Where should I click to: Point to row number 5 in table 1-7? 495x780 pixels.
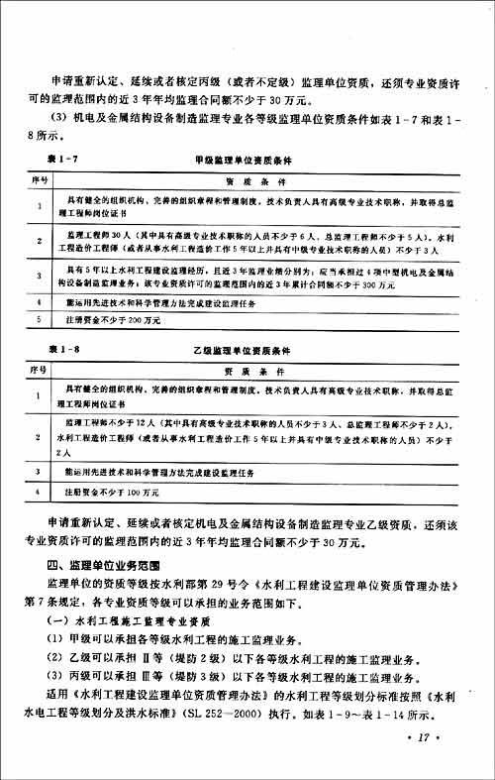tap(41, 320)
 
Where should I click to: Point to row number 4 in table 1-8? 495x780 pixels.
tap(41, 491)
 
